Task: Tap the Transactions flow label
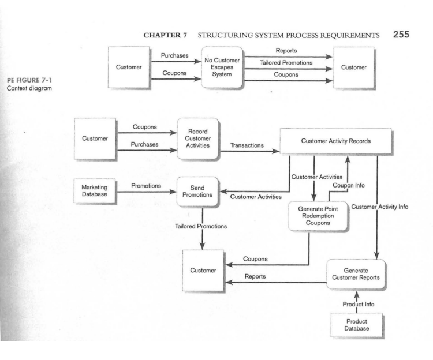247,146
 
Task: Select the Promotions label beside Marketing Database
146,186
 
